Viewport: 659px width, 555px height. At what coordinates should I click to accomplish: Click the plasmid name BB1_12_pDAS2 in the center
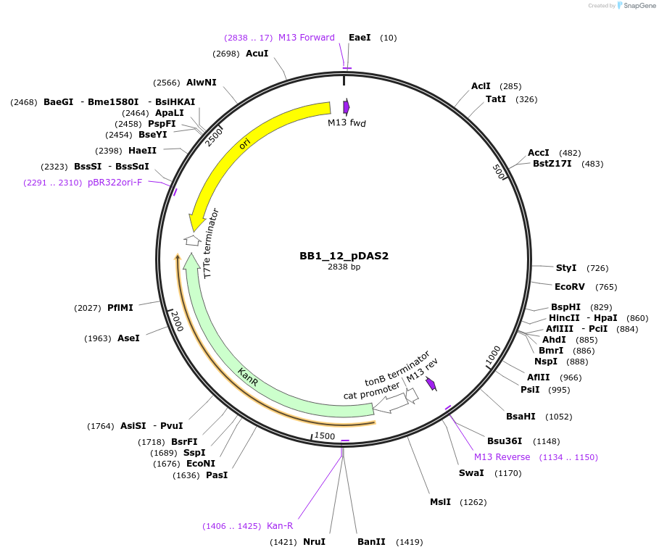344,256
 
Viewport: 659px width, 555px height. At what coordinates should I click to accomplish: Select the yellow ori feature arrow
246,145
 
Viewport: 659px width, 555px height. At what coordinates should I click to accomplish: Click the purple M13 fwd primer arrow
347,107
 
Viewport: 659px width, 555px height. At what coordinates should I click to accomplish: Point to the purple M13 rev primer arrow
431,383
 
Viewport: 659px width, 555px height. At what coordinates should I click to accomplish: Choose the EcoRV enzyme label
570,286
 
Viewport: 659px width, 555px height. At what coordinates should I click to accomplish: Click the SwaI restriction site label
471,473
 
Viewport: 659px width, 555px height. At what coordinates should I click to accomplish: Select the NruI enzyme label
314,541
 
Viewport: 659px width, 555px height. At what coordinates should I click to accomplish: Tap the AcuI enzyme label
257,54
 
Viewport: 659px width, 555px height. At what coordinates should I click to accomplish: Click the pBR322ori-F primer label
115,182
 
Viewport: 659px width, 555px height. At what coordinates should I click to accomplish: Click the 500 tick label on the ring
498,172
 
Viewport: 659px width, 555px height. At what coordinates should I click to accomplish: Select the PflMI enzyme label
120,308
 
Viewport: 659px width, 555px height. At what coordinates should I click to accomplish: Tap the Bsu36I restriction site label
503,441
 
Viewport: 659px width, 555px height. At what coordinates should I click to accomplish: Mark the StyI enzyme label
566,268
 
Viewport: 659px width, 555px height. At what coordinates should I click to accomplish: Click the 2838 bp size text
344,267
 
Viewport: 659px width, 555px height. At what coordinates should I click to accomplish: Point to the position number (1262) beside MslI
472,502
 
